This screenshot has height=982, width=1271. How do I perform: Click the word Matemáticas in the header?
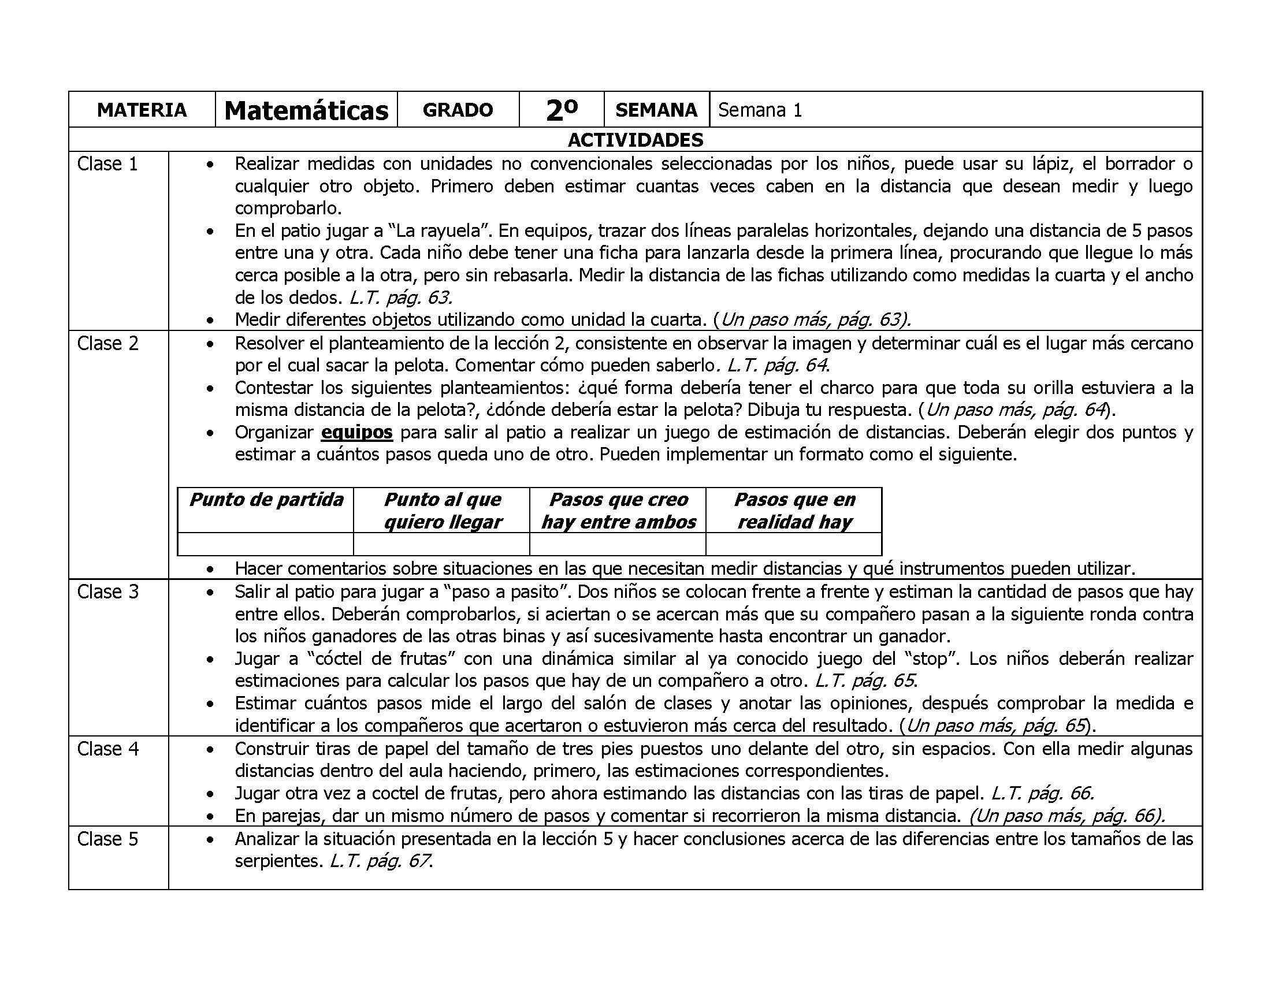click(306, 110)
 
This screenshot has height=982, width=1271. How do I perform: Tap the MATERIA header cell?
click(142, 110)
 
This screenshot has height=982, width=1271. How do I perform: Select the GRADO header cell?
click(458, 110)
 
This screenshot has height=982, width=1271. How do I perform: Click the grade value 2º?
click(562, 110)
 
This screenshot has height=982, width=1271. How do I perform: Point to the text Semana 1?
click(760, 110)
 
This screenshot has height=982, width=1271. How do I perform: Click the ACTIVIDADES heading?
click(635, 140)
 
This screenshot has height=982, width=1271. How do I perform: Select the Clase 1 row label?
click(107, 164)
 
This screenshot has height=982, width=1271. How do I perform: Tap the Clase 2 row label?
click(107, 343)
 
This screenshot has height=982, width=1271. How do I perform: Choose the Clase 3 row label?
click(107, 592)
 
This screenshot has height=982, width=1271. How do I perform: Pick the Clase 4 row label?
click(107, 749)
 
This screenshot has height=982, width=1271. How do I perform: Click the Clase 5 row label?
click(107, 839)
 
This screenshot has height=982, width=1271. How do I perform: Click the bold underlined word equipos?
click(356, 433)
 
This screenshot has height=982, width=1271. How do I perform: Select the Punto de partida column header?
click(266, 500)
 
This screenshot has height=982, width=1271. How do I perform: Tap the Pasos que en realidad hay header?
click(794, 511)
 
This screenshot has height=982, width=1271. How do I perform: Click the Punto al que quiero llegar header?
click(443, 511)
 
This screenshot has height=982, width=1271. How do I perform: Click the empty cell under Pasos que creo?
click(618, 544)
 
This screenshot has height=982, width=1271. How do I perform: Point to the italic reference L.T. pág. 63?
click(400, 298)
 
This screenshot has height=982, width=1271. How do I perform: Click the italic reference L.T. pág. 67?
click(381, 861)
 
